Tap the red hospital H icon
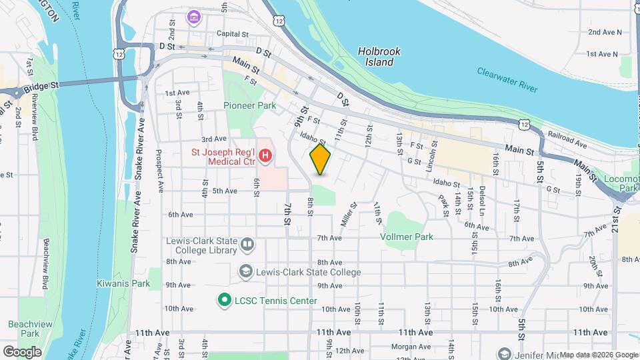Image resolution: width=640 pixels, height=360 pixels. (x=265, y=157)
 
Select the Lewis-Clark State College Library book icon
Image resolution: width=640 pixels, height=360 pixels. (x=247, y=244)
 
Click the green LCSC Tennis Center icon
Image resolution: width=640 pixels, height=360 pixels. (x=224, y=301)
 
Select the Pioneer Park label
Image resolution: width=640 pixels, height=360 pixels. (x=249, y=105)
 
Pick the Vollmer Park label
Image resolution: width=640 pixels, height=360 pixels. (x=407, y=237)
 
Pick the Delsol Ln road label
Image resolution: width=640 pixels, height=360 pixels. (x=481, y=197)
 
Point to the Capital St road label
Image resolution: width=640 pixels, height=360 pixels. (x=231, y=33)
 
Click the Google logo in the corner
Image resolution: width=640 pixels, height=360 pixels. (x=23, y=351)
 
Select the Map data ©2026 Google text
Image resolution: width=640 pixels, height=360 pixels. (x=599, y=355)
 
